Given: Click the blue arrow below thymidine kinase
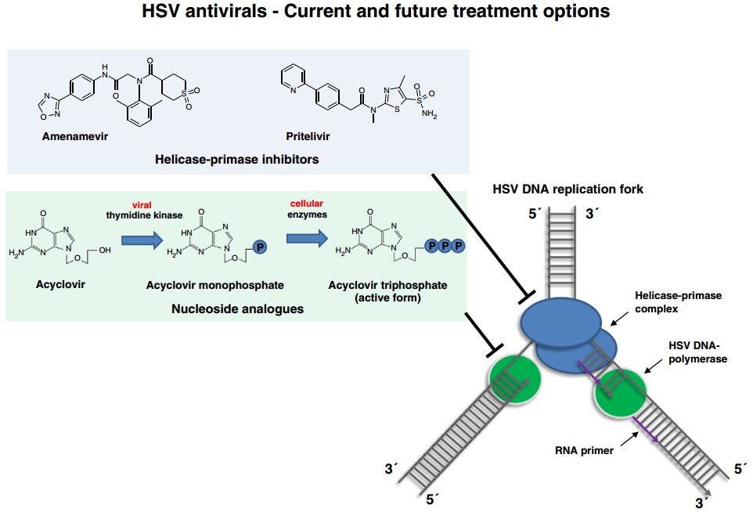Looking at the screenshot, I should coord(141,235).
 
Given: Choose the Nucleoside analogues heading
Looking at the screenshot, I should coord(237,309).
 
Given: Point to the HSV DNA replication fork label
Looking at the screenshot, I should coord(567,189).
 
